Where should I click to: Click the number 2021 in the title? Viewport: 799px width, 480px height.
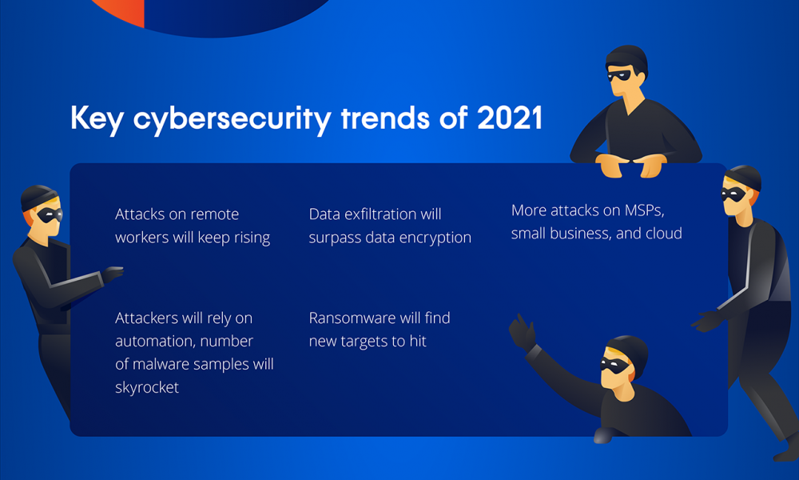tap(510, 118)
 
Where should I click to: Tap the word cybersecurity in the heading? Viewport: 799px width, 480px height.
tap(233, 120)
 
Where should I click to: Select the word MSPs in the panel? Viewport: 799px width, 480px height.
tap(645, 210)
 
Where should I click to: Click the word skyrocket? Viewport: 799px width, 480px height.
tap(147, 387)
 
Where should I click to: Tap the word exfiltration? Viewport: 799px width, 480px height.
tap(380, 214)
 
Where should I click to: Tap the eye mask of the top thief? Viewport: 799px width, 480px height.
tap(618, 76)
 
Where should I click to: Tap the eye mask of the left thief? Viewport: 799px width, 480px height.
tap(50, 214)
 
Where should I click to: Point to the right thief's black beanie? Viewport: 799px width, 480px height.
tap(745, 178)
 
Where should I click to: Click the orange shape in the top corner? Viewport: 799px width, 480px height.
tap(122, 11)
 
